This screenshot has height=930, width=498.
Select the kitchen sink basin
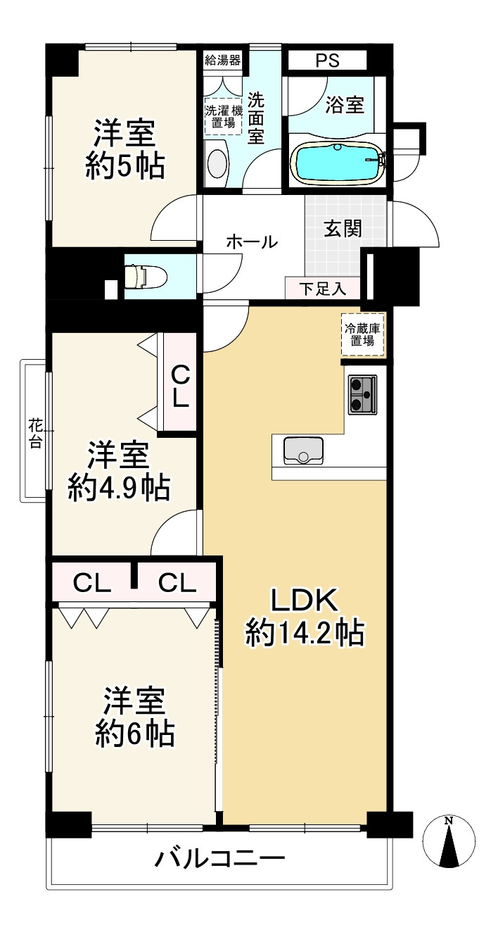(x=303, y=451)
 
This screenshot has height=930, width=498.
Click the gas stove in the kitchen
(x=362, y=394)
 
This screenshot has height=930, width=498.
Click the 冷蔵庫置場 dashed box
(x=363, y=334)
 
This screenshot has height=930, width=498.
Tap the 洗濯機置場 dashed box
(x=223, y=116)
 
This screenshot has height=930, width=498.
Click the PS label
(x=327, y=61)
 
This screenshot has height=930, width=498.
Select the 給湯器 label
(x=223, y=61)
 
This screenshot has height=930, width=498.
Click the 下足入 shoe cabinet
(x=323, y=288)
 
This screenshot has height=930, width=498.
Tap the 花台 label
(x=36, y=434)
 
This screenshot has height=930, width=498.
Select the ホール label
(x=252, y=241)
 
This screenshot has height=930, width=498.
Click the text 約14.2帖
(x=305, y=633)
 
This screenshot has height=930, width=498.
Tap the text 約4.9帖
(x=119, y=488)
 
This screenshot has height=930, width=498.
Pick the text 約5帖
(x=125, y=166)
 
